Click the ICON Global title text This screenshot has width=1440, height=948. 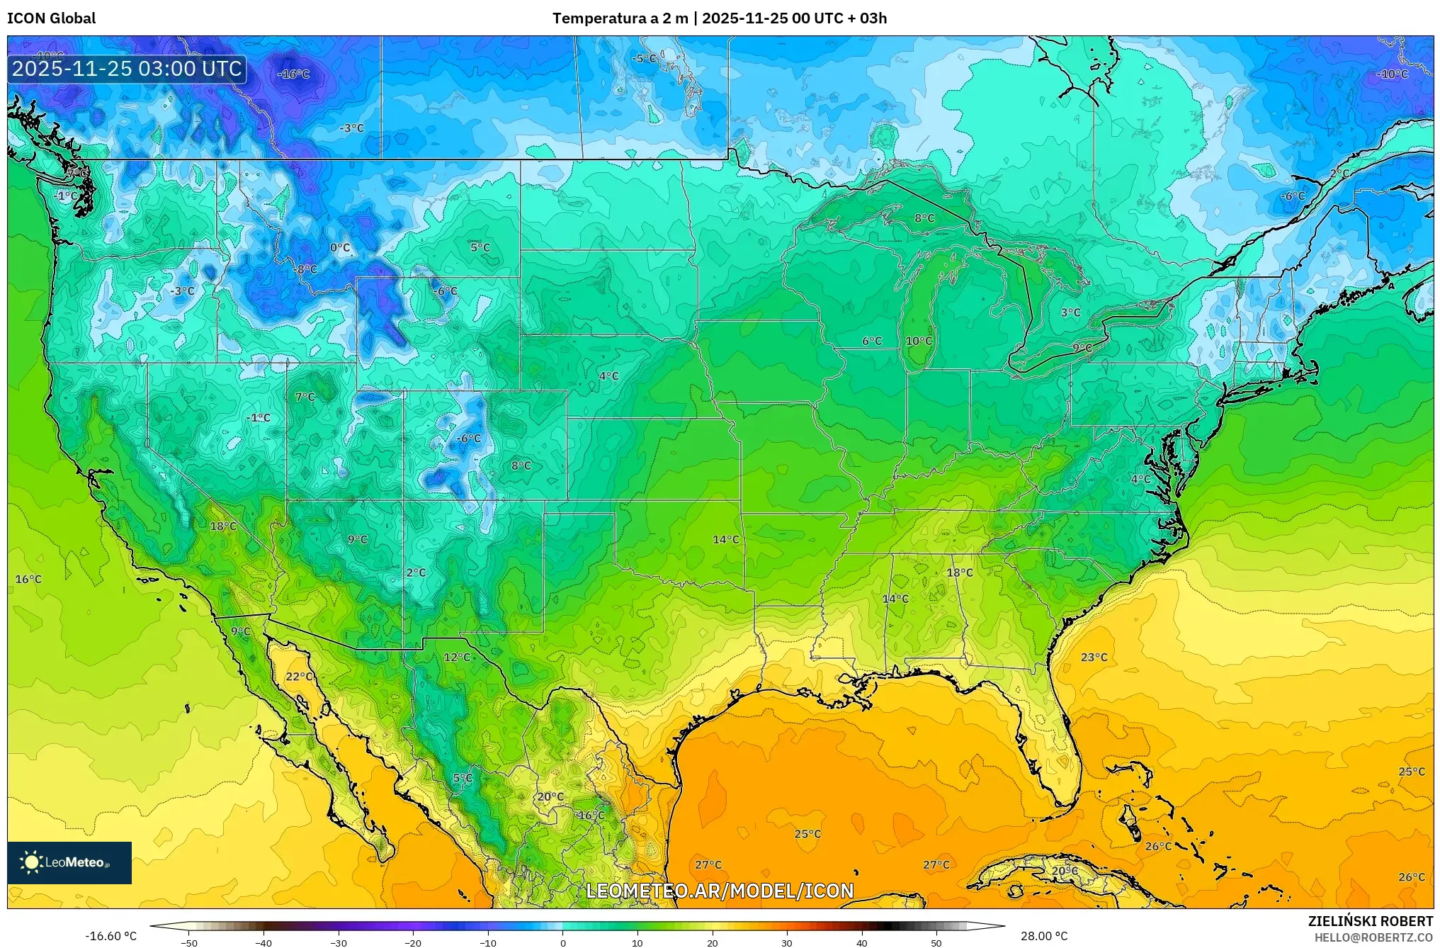pos(51,18)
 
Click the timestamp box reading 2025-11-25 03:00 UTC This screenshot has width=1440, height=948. pos(127,69)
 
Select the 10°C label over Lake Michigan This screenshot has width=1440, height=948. pos(919,341)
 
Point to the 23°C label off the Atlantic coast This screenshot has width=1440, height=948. pos(1094,657)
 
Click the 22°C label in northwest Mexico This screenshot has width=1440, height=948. pos(299,676)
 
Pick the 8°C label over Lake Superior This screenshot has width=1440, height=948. pos(924,218)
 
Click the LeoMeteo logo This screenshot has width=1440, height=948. pos(69,862)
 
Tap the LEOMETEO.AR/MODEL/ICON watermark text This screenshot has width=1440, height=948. pos(720,891)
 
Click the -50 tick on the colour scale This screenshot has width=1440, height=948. pos(189,942)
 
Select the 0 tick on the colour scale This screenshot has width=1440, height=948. pos(563,942)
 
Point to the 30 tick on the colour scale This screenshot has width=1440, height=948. pos(787,942)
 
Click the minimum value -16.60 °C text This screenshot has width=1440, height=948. pos(111,936)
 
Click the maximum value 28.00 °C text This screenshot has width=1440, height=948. pos(1043,936)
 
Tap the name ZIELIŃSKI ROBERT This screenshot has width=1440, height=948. pos(1370,921)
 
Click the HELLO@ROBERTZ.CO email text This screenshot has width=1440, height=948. pos(1373,937)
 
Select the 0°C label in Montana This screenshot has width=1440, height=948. pos(340,247)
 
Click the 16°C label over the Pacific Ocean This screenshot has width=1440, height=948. pos(28,579)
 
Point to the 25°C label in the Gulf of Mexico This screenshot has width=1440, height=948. pos(807,833)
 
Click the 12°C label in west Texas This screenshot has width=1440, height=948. pos(457,657)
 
